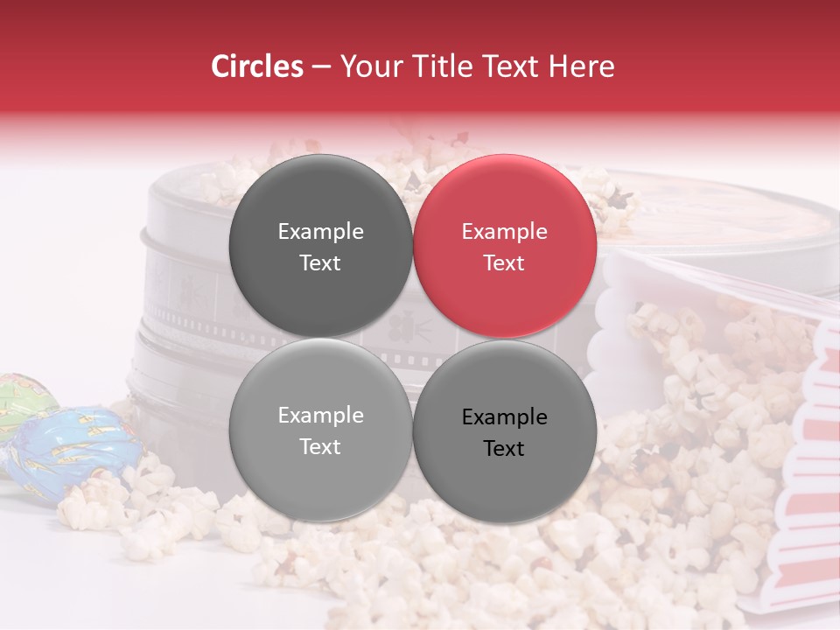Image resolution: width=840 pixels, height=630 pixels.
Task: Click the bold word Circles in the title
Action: coord(257,66)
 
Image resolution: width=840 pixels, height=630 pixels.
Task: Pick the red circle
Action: coord(505,247)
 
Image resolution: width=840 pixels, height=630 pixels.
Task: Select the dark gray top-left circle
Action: coord(320,247)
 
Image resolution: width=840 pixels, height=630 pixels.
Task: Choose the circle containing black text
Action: coord(505,431)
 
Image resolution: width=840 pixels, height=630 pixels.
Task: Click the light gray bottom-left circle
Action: coord(320,430)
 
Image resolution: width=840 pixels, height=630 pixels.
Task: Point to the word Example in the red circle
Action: coord(505,232)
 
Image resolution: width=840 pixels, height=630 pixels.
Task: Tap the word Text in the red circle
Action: coord(505,263)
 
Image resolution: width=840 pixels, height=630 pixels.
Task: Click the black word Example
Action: coord(505,417)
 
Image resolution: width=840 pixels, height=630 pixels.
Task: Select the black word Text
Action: coord(505,449)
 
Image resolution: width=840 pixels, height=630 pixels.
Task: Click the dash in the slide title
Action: coord(321,66)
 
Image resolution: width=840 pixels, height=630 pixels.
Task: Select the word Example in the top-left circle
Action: coord(320,232)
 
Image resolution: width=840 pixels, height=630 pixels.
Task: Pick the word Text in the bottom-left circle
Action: coord(320,447)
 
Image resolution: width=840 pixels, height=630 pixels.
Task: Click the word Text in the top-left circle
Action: coord(320,263)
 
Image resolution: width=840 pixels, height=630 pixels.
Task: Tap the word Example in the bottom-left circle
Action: coord(320,416)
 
